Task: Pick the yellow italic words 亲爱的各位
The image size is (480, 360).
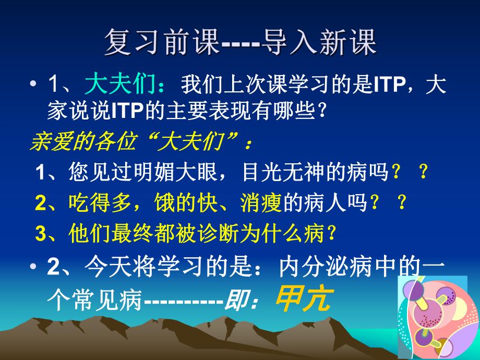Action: [x=78, y=141]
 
